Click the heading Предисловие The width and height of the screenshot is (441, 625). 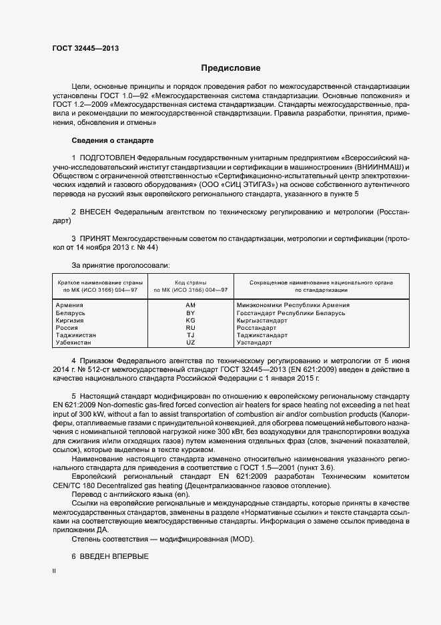pyautogui.click(x=231, y=68)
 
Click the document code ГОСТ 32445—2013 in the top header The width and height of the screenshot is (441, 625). pyautogui.click(x=85, y=48)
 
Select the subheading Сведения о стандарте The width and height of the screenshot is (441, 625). pyautogui.click(x=112, y=141)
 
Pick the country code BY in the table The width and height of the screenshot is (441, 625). pyautogui.click(x=190, y=313)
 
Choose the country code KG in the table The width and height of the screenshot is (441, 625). pyautogui.click(x=190, y=321)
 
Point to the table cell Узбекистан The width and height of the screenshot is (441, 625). pyautogui.click(x=74, y=343)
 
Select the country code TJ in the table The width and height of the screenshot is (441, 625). pyautogui.click(x=190, y=335)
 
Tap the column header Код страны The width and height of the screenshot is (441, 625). pyautogui.click(x=190, y=283)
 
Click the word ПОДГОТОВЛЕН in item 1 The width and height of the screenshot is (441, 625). pyautogui.click(x=107, y=157)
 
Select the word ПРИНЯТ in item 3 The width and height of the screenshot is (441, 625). pyautogui.click(x=95, y=238)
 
